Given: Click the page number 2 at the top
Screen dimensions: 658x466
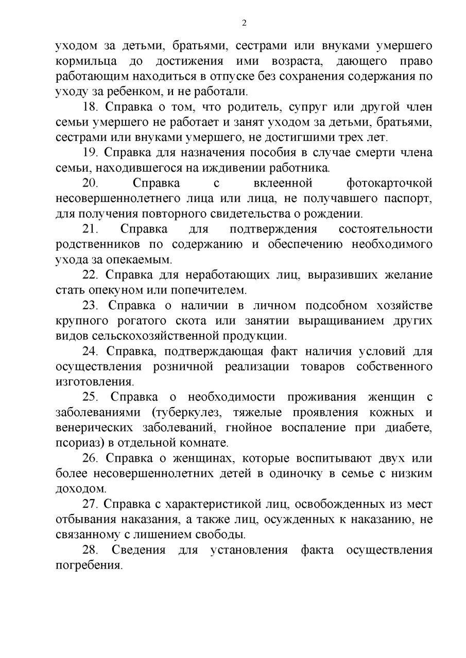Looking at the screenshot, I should (x=244, y=23).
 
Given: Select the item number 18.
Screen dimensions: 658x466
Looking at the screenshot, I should (x=91, y=107).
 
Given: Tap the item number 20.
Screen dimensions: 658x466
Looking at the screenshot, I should (x=91, y=183).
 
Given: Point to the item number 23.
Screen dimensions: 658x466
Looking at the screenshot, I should (x=91, y=305).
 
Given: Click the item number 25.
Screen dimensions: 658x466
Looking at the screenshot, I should (x=91, y=397).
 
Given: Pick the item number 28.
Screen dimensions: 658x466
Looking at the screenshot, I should (x=91, y=550).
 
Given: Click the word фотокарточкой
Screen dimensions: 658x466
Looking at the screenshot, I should (x=390, y=183).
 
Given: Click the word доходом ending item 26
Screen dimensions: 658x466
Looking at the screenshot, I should (x=80, y=488).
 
